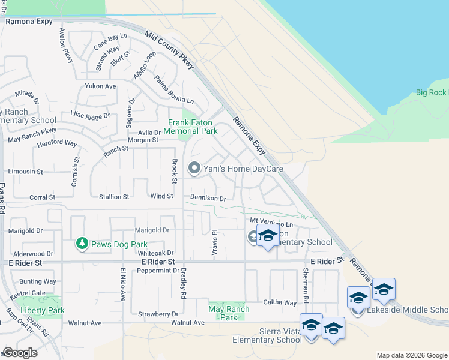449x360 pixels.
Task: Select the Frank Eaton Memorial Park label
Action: [190, 127]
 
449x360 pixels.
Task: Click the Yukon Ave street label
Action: [100, 86]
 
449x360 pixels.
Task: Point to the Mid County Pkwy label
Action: [170, 50]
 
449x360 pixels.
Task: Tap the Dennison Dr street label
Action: [208, 197]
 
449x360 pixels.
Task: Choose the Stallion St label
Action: [113, 197]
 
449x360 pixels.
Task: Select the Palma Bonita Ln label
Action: [174, 89]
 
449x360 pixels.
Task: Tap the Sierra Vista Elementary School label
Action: [267, 335]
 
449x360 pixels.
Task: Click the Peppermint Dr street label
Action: [155, 271]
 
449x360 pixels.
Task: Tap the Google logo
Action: [20, 353]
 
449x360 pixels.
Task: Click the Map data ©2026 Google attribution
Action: [411, 355]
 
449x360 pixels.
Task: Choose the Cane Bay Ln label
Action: [110, 43]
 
